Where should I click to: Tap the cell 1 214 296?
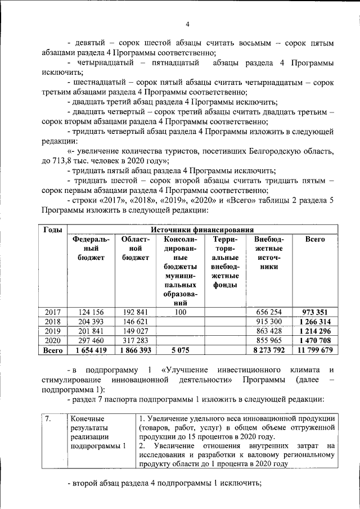click(x=315, y=331)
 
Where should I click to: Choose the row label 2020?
click(x=52, y=341)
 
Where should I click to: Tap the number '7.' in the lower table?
click(x=48, y=419)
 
